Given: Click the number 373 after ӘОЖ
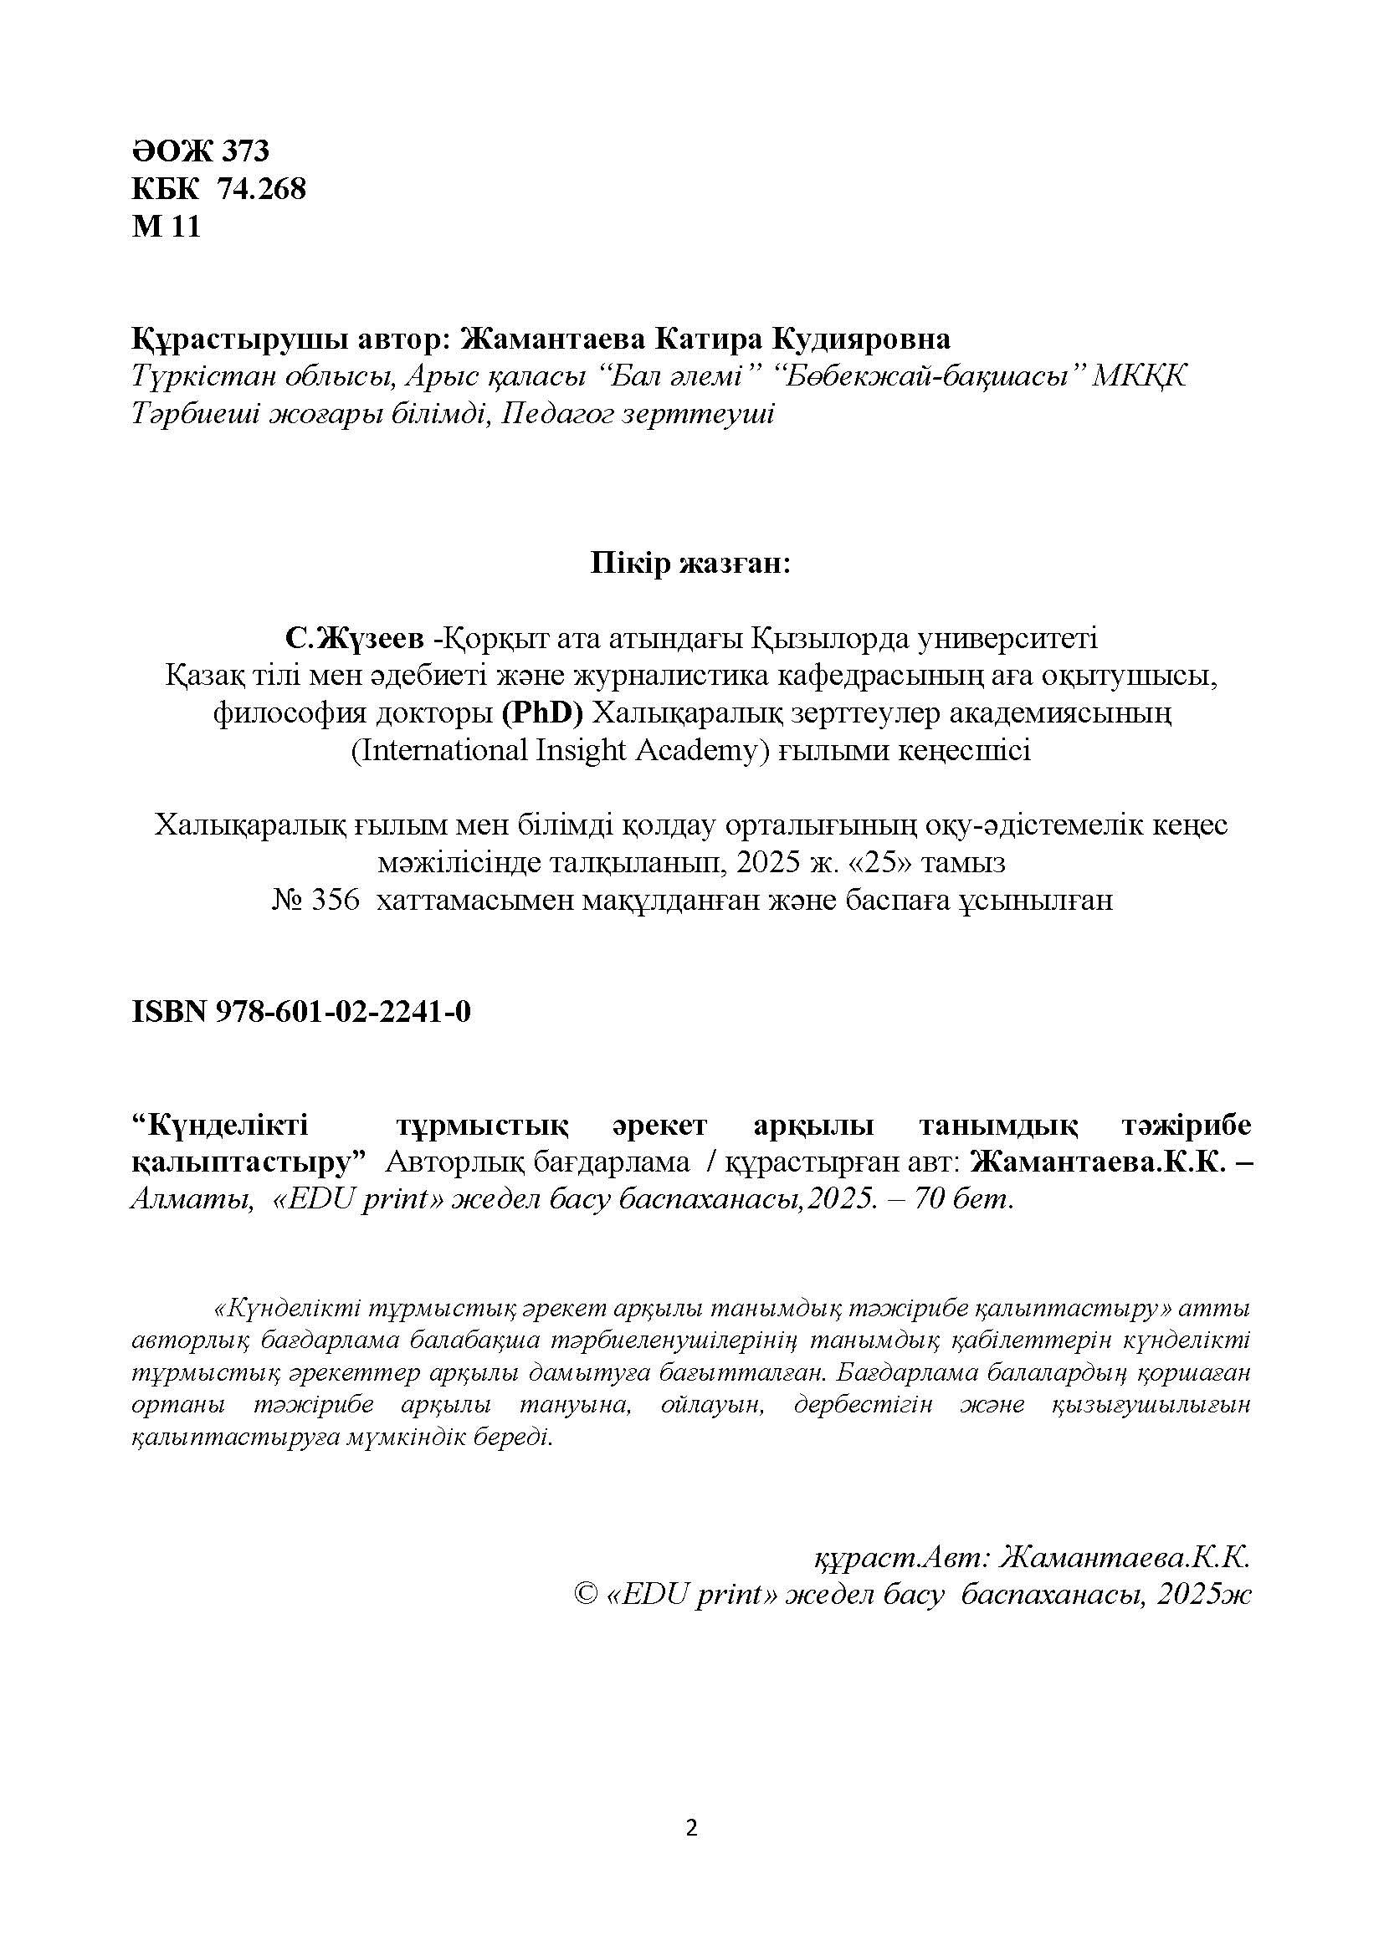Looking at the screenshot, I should (x=245, y=151).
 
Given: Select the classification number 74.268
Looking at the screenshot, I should (x=262, y=188).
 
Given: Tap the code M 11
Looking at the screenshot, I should (x=166, y=227).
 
